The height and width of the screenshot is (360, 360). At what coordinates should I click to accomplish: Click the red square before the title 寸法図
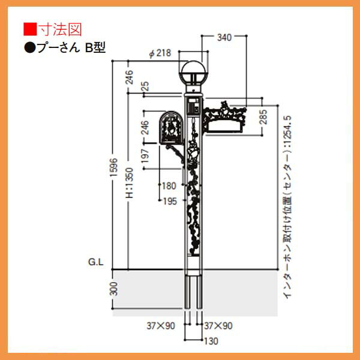pyautogui.click(x=30, y=29)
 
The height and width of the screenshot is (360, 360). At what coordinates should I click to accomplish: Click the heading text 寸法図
pyautogui.click(x=60, y=29)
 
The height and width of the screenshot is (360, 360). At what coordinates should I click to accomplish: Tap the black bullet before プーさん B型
pyautogui.click(x=29, y=48)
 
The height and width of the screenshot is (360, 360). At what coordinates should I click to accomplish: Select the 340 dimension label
pyautogui.click(x=224, y=37)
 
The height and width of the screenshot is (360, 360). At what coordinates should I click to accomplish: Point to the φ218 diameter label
pyautogui.click(x=160, y=53)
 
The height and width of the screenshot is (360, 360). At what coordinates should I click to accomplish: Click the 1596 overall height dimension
pyautogui.click(x=113, y=167)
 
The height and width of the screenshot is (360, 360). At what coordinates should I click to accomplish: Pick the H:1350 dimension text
pyautogui.click(x=130, y=183)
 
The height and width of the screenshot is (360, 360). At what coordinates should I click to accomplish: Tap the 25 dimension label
pyautogui.click(x=146, y=86)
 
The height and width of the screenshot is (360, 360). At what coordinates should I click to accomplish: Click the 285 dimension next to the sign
pyautogui.click(x=263, y=117)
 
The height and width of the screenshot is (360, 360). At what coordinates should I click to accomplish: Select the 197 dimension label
pyautogui.click(x=145, y=156)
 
